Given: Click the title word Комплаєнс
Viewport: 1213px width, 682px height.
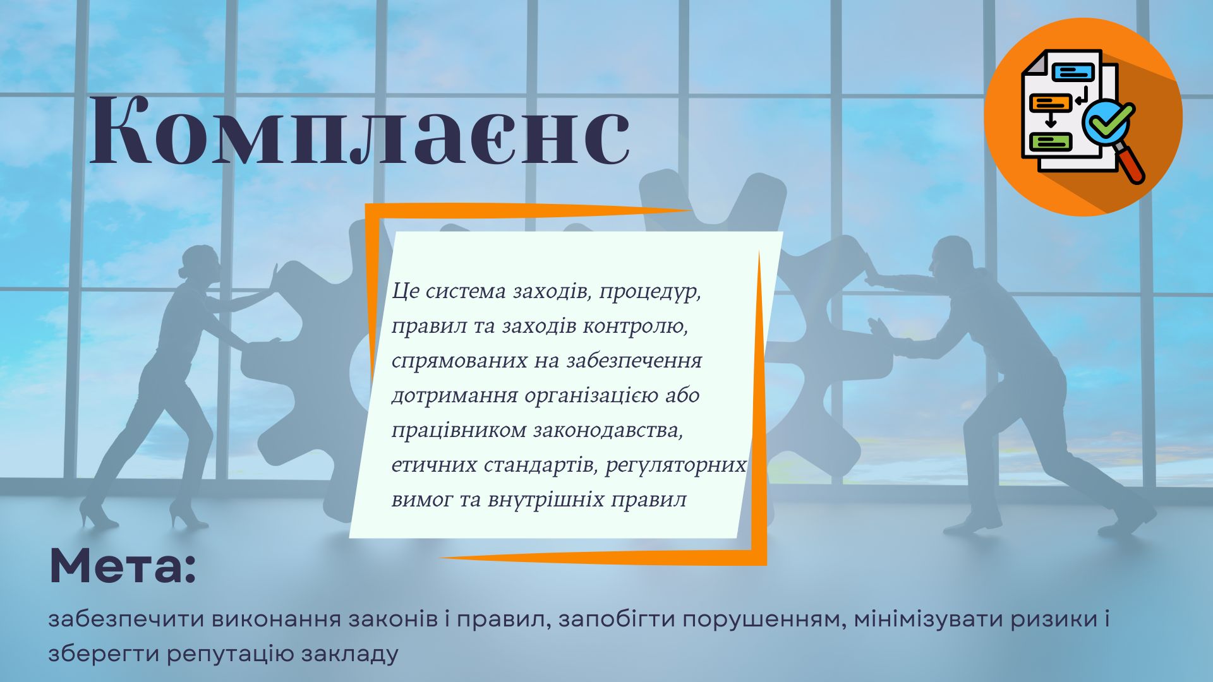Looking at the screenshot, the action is pos(360,131).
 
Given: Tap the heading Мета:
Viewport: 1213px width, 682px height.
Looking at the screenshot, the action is pos(123,566).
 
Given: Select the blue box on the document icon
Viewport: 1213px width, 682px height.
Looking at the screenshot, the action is pos(1073,73).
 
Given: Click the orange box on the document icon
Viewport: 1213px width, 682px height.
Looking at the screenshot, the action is pos(1051,103).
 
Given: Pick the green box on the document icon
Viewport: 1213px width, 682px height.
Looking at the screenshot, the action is pos(1051,142).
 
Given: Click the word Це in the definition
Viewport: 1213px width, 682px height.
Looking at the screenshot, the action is pos(405,291).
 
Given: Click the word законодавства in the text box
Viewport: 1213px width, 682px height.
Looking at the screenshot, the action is pos(608,431).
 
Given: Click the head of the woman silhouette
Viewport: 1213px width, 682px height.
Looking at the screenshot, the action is pos(198,265).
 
